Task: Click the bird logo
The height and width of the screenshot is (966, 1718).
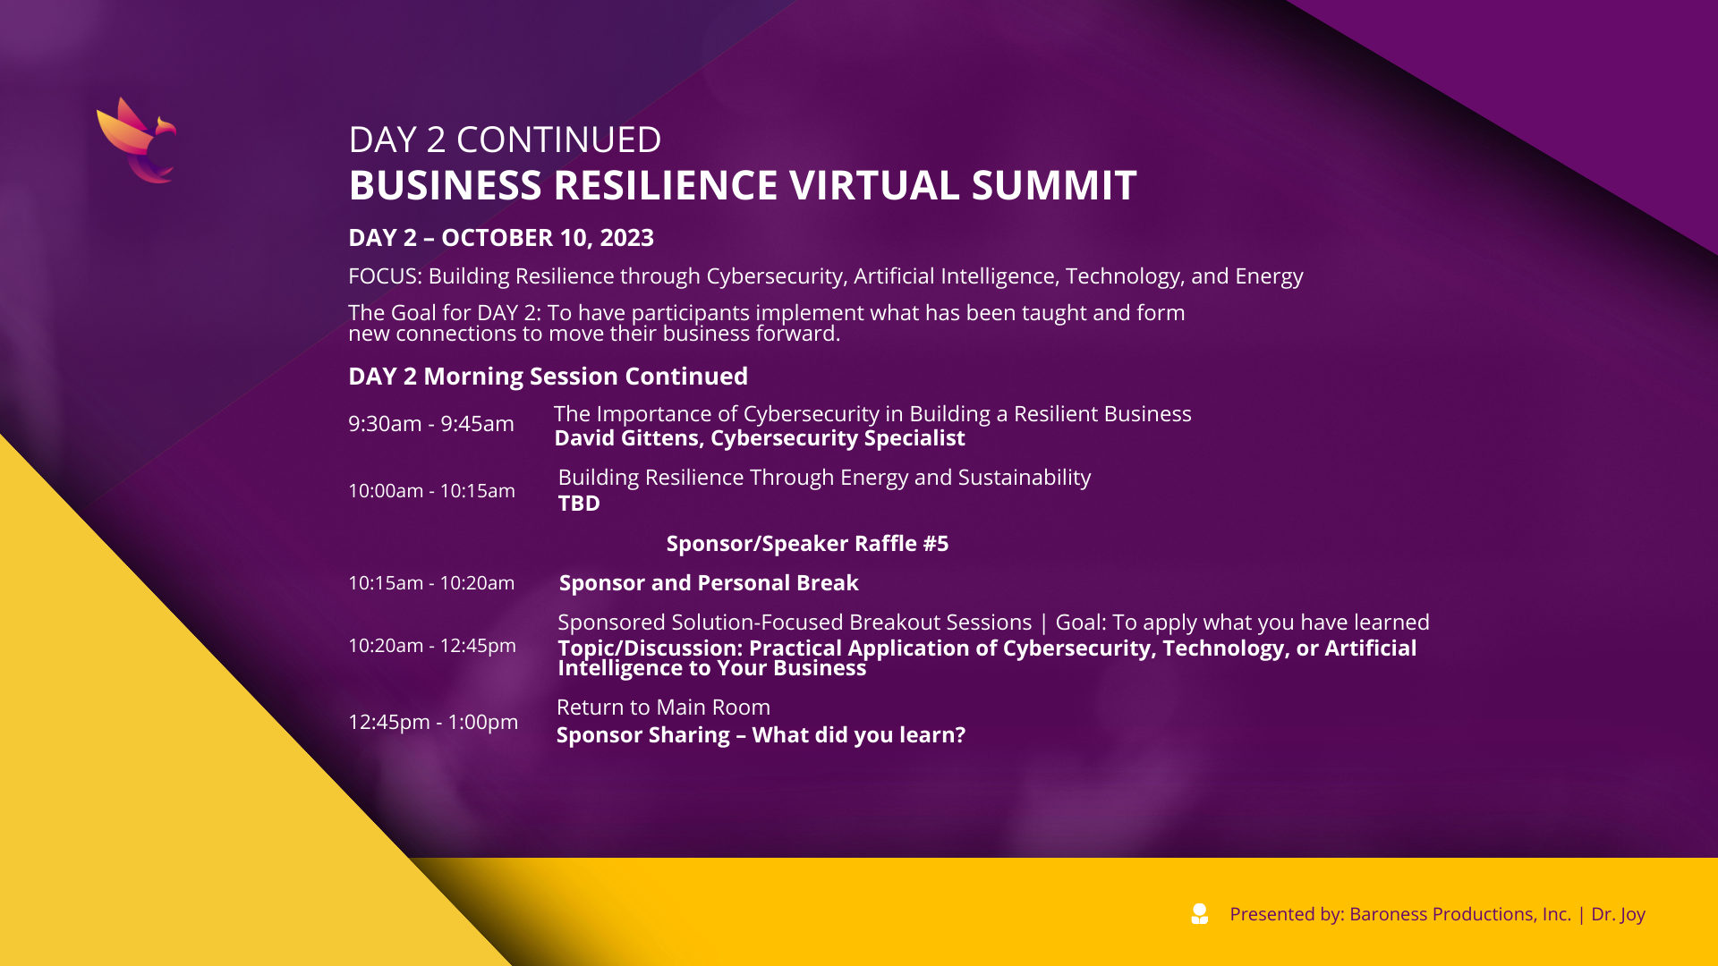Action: click(137, 140)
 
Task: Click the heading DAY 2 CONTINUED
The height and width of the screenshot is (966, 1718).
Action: click(505, 140)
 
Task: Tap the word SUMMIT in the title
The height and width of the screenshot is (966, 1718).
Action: click(1054, 185)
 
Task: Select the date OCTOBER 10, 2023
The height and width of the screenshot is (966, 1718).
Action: click(548, 238)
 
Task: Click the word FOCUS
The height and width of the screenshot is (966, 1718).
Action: click(384, 276)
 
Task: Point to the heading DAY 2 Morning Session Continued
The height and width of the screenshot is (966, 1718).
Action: click(548, 377)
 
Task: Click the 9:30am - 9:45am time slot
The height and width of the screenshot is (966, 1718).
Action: click(431, 424)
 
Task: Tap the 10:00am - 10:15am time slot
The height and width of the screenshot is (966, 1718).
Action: click(431, 491)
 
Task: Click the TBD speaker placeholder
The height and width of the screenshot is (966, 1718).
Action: click(579, 504)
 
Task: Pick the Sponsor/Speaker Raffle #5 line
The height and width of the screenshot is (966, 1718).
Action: click(807, 544)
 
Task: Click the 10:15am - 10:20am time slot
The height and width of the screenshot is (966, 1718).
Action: click(431, 583)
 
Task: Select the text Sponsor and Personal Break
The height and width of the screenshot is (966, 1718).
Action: click(709, 583)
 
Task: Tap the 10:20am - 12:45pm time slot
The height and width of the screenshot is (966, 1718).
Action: click(432, 646)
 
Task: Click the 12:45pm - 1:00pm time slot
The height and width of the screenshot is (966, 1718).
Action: click(433, 722)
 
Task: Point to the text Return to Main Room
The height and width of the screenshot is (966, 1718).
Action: click(663, 708)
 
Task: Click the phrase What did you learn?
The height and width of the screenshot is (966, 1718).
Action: click(859, 735)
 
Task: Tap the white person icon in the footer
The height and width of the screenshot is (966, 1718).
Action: click(1200, 913)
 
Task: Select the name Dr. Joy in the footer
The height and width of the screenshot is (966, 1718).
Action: click(1618, 914)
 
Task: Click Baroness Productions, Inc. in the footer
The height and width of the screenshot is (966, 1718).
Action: click(1460, 914)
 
